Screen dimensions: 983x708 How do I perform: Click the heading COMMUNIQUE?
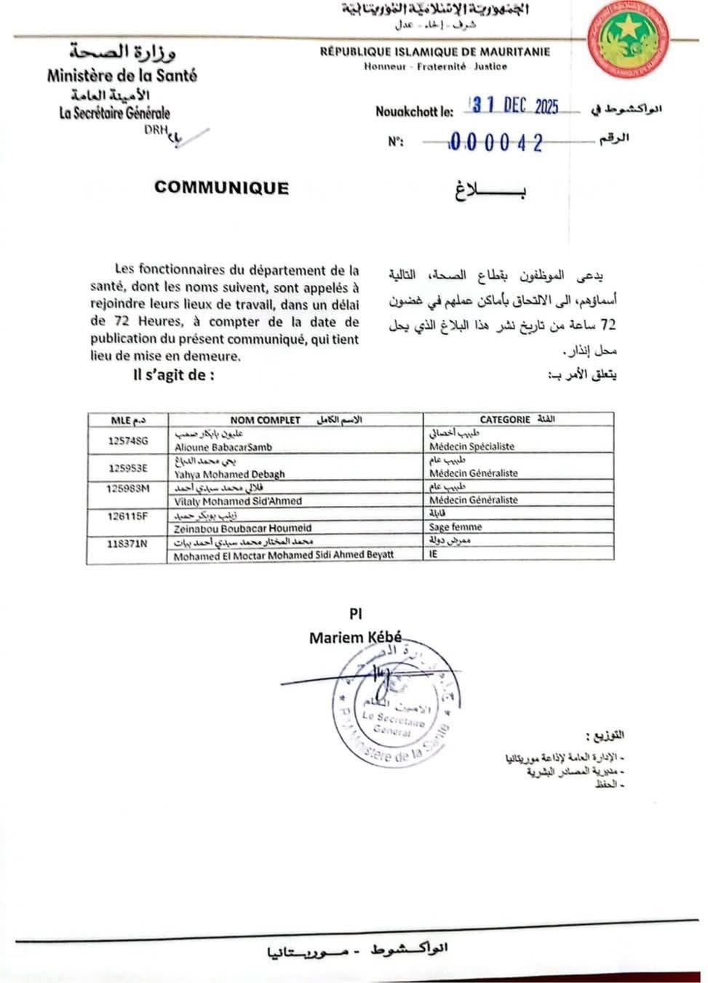pyautogui.click(x=221, y=188)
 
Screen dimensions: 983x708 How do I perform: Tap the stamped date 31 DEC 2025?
pyautogui.click(x=515, y=106)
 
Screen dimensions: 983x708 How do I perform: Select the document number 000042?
pyautogui.click(x=496, y=143)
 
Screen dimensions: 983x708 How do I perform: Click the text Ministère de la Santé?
pyautogui.click(x=122, y=75)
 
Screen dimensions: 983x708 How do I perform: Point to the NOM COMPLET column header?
pyautogui.click(x=265, y=420)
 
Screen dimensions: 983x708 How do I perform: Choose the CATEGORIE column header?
pyautogui.click(x=504, y=420)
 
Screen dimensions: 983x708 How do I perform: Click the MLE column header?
pyautogui.click(x=122, y=420)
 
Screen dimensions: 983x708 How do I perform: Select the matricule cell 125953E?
pyautogui.click(x=127, y=468)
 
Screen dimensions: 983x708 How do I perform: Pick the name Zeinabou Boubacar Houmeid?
pyautogui.click(x=242, y=529)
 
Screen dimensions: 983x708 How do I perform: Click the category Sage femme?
pyautogui.click(x=456, y=527)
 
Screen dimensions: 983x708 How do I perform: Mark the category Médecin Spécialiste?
pyautogui.click(x=472, y=447)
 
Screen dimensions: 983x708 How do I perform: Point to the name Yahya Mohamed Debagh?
pyautogui.click(x=229, y=474)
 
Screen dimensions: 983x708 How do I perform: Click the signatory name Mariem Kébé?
pyautogui.click(x=355, y=638)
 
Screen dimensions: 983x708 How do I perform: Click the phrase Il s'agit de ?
pyautogui.click(x=174, y=375)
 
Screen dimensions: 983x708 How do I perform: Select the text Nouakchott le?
pyautogui.click(x=414, y=111)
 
